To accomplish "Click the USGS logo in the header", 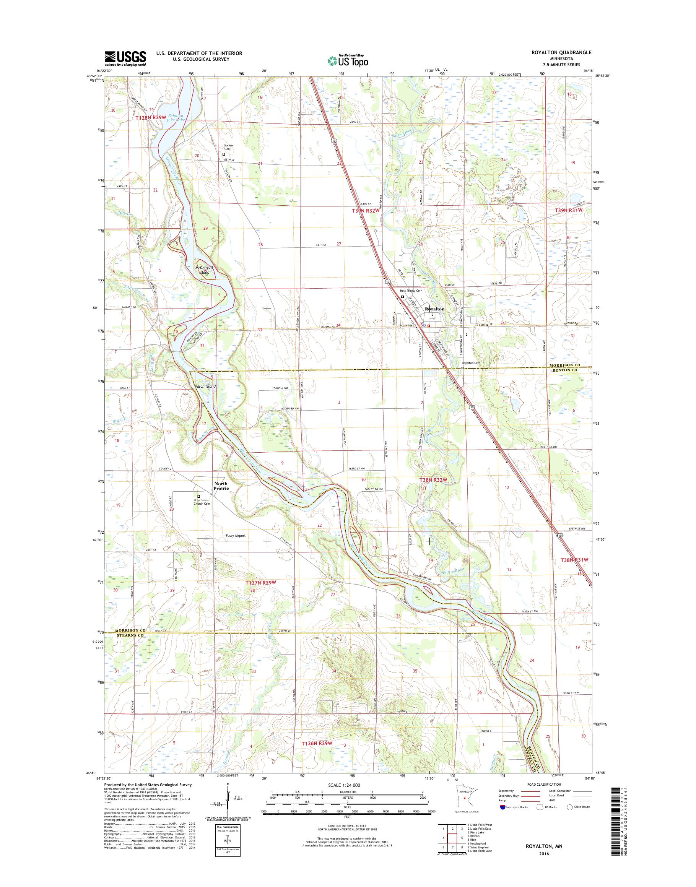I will click(125, 58).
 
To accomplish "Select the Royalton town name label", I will click(434, 309).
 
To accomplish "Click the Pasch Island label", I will click(205, 386).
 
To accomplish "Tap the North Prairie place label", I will click(221, 486).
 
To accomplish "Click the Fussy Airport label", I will click(236, 536).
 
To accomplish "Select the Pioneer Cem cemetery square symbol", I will click(224, 154).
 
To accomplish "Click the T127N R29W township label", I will click(261, 583).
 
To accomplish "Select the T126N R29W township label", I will click(317, 744).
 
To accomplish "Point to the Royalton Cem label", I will click(471, 363).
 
